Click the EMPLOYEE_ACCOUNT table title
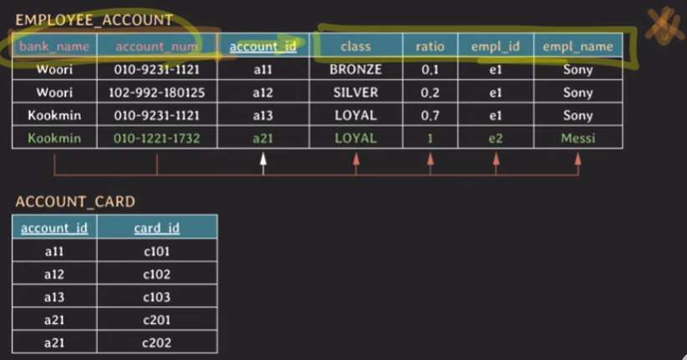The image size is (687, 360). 94,19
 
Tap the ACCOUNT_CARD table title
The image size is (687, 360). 75,201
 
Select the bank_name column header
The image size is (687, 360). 54,47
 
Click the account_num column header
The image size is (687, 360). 156,47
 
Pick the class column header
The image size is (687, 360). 355,47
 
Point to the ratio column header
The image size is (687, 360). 430,47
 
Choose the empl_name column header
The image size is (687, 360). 578,47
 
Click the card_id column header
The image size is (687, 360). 156,227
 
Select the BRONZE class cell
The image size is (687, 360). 355,69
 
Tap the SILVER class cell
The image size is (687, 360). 355,92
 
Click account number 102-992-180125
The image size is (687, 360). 156,92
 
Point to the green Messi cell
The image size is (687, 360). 578,138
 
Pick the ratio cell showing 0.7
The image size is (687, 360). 430,115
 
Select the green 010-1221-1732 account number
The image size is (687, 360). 156,138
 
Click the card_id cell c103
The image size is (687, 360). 156,297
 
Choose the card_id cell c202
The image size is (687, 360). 156,342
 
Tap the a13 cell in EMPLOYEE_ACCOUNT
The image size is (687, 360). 262,115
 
